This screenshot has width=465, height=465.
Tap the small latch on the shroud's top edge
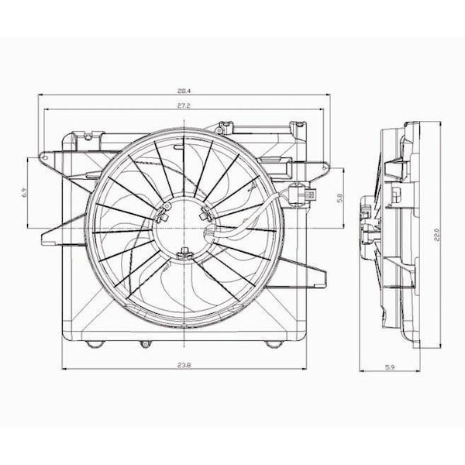click(225, 125)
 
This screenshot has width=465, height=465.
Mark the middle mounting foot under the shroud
click(143, 343)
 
